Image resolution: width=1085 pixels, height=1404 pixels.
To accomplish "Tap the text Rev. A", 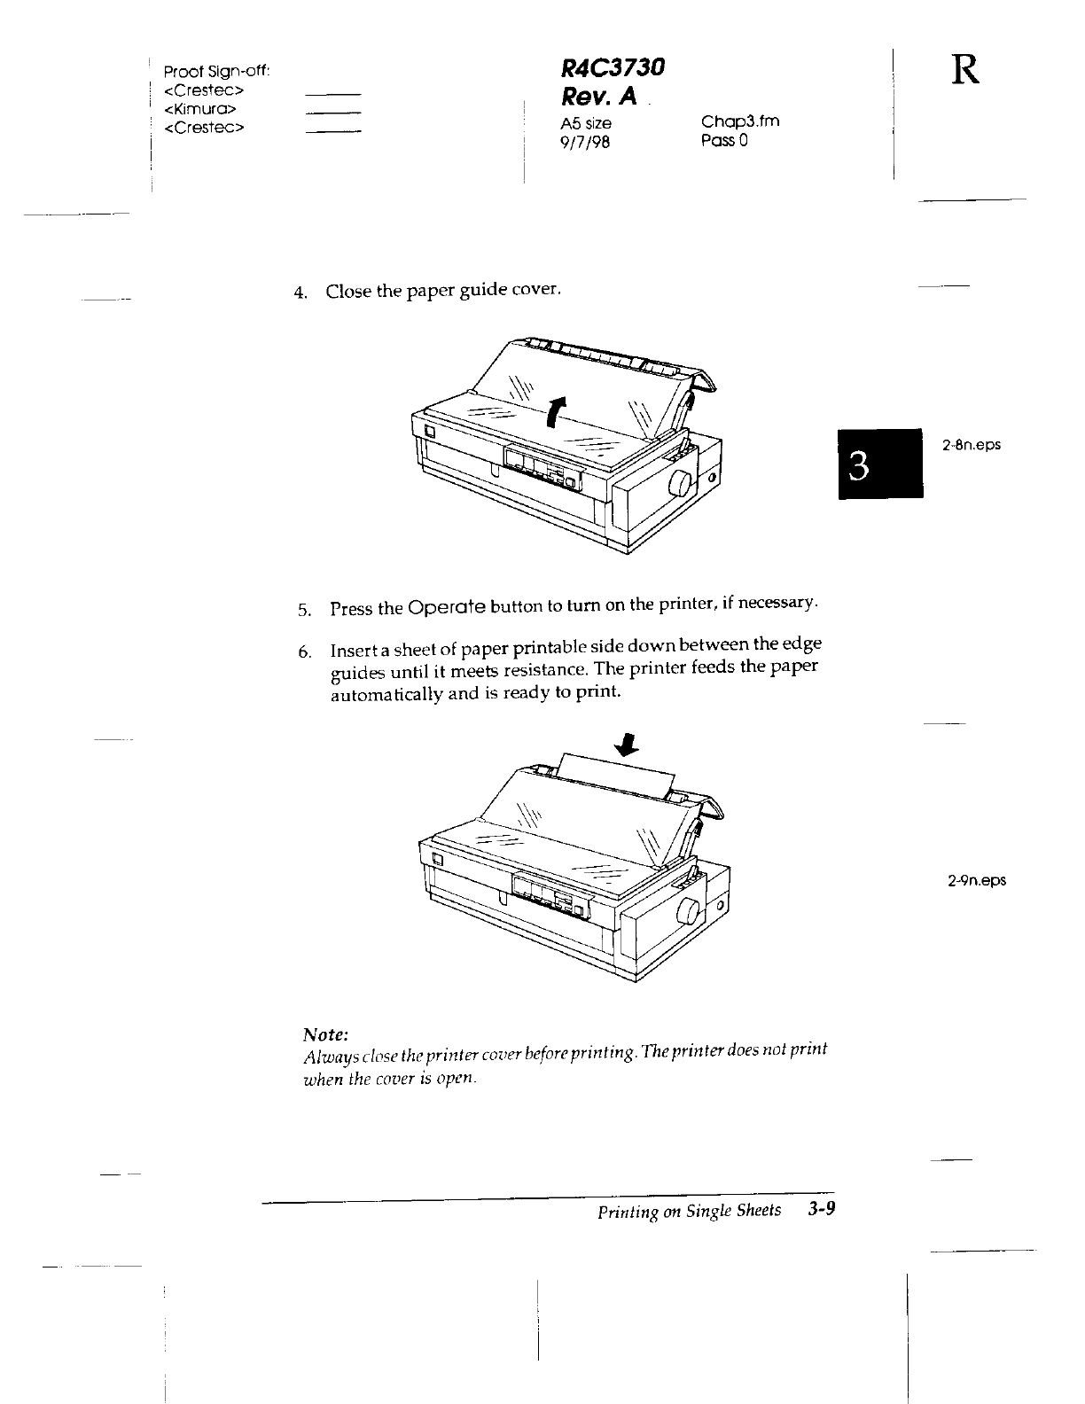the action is click(x=599, y=95).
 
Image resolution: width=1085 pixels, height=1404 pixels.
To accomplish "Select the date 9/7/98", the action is click(x=586, y=141).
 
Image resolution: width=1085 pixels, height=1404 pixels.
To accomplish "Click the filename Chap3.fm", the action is click(x=739, y=121).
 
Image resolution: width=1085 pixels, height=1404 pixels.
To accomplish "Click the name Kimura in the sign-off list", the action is click(x=199, y=109).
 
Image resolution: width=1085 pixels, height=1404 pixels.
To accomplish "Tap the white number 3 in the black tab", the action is click(x=857, y=464).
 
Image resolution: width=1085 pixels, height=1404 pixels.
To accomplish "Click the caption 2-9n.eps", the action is click(x=976, y=880).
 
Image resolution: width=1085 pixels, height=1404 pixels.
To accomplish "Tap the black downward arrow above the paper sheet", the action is click(x=627, y=745).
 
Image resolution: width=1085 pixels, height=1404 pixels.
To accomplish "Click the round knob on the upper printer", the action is click(x=681, y=482).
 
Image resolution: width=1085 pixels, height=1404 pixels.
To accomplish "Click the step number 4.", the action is click(x=301, y=292).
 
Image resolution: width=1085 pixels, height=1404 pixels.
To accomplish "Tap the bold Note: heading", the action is click(x=325, y=1034).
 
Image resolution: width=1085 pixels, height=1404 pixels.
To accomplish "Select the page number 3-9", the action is click(x=822, y=1209).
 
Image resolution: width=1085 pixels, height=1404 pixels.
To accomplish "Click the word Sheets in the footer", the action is click(x=760, y=1211).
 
